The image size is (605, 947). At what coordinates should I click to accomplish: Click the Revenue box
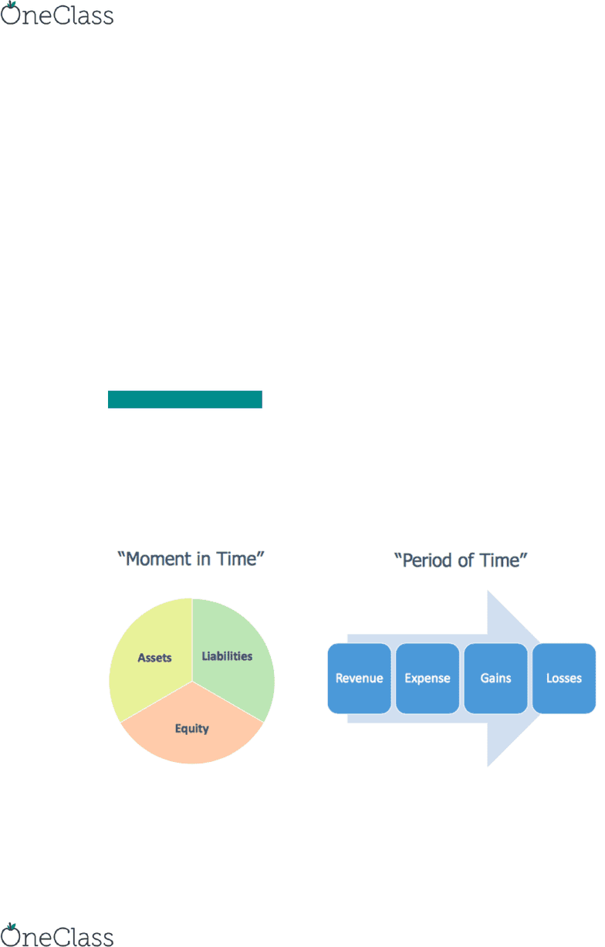(x=359, y=678)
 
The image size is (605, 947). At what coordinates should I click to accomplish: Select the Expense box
(x=428, y=678)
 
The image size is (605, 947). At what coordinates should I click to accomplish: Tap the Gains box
(x=495, y=678)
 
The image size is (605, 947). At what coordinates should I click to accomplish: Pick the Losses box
(x=564, y=678)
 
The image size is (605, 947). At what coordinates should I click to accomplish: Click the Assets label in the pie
(x=155, y=658)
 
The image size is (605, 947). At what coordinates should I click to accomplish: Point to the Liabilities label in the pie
(x=227, y=656)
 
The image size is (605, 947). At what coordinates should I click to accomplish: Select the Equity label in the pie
(x=192, y=729)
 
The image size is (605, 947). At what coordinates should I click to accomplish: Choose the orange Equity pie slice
(x=192, y=736)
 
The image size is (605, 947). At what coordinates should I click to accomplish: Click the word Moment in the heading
(x=156, y=559)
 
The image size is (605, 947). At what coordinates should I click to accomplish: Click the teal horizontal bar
(x=185, y=399)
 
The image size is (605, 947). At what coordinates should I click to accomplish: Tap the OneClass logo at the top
(x=57, y=14)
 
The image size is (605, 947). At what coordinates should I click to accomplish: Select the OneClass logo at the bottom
(x=57, y=935)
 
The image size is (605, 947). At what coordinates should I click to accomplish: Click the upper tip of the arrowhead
(x=488, y=591)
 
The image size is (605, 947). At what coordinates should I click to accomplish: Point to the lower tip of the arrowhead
(x=488, y=767)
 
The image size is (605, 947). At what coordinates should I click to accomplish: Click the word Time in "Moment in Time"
(x=237, y=559)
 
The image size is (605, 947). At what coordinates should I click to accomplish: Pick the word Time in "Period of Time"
(x=501, y=561)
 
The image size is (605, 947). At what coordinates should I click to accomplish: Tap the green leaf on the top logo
(x=12, y=5)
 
